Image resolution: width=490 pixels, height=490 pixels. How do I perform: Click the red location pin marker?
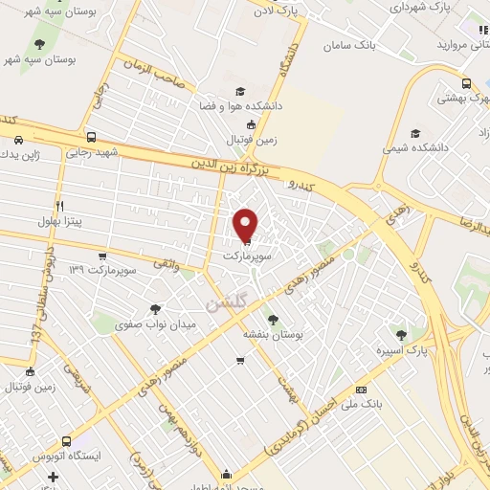click(x=247, y=225)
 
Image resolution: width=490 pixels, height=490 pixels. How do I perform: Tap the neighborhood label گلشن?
click(x=225, y=301)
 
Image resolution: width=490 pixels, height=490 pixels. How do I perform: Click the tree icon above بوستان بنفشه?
click(x=274, y=320)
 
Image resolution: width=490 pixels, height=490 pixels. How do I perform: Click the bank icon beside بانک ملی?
click(x=361, y=390)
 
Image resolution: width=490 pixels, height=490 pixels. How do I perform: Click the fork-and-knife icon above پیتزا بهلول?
click(x=59, y=205)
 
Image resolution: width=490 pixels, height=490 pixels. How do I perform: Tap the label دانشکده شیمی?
click(x=415, y=149)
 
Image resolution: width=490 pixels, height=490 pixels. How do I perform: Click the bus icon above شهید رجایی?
click(x=91, y=136)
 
